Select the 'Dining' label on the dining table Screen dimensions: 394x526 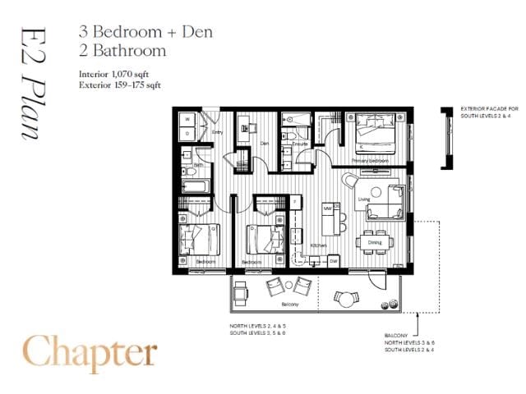375,242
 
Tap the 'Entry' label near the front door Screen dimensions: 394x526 218,131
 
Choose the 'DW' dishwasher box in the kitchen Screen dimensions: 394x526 334,260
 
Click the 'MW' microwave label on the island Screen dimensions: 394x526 327,208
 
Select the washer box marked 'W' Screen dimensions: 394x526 187,119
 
